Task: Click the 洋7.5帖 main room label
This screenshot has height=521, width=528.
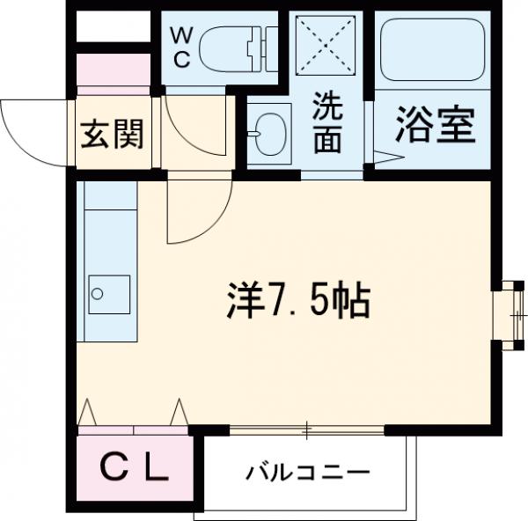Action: (295, 302)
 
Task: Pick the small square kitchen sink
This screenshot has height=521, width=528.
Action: (109, 291)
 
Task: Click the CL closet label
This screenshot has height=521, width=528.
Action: (134, 469)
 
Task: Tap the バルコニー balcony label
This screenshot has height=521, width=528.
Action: (307, 472)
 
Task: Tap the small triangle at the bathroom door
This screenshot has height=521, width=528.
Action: (387, 158)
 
